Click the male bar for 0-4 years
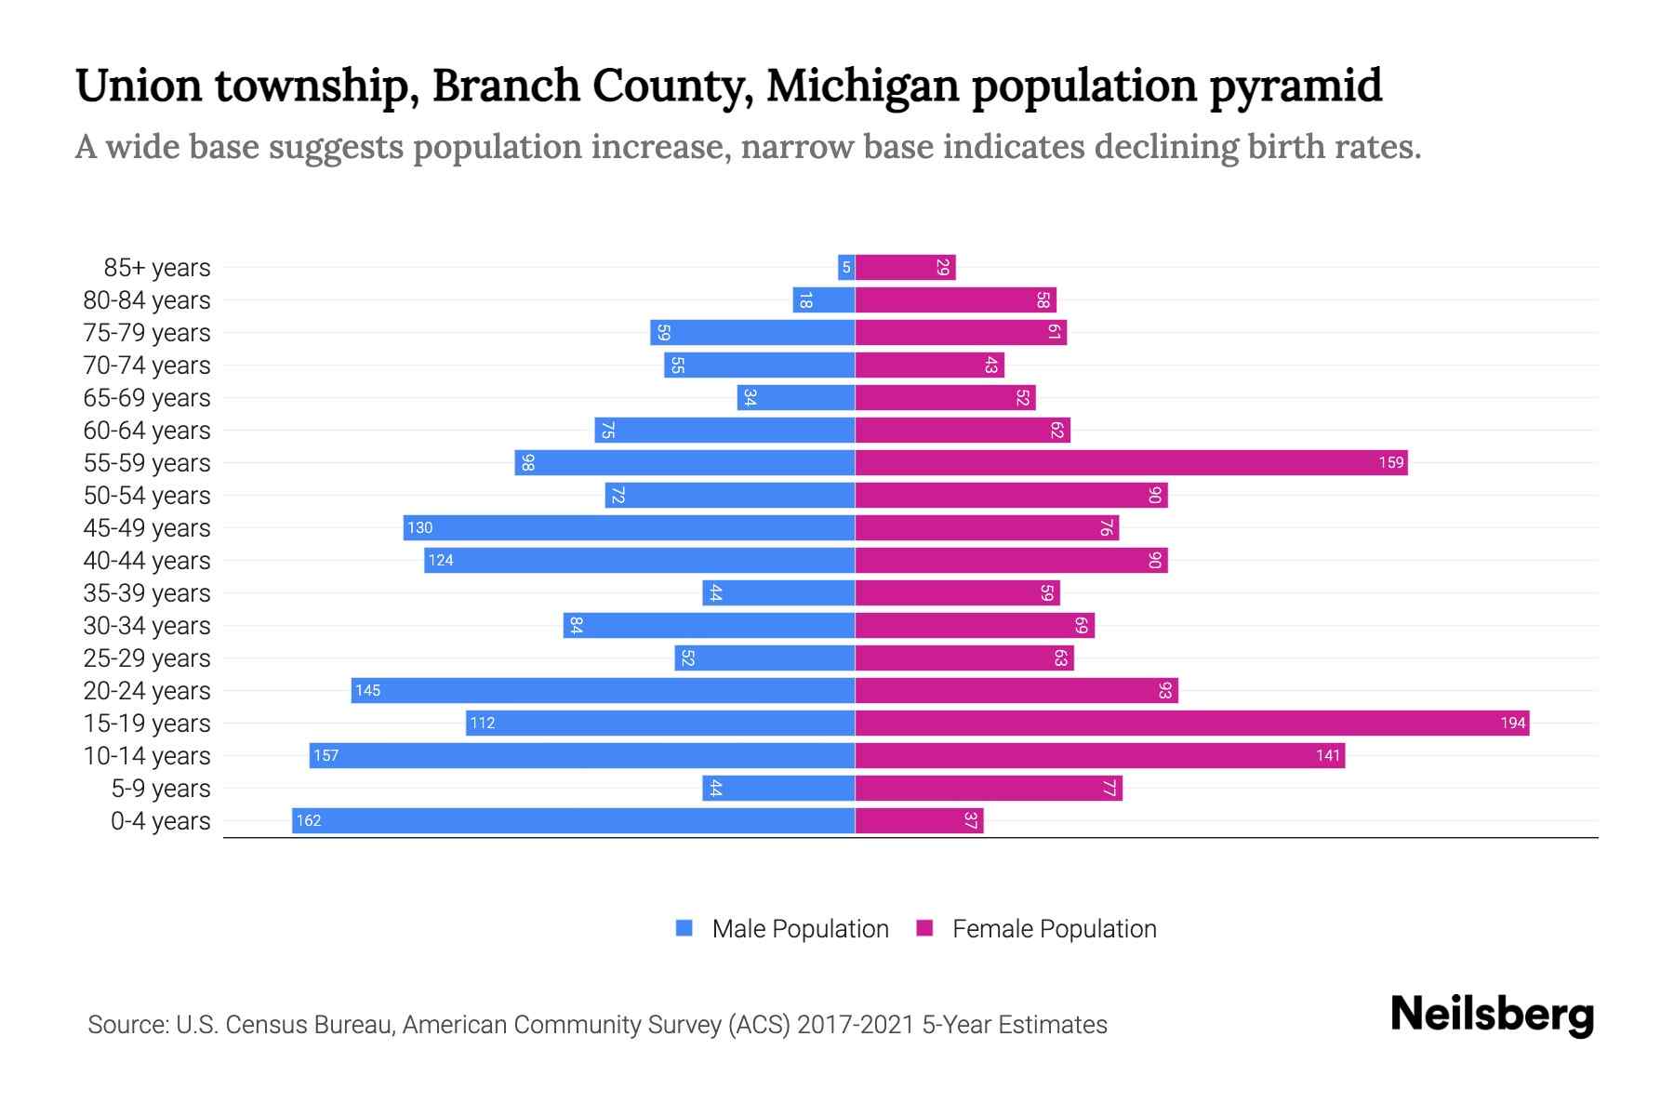tap(573, 820)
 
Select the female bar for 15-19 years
tap(1192, 723)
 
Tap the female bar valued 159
tap(1131, 462)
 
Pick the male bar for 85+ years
tap(845, 267)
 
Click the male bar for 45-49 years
tap(629, 527)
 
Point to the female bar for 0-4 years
tap(919, 820)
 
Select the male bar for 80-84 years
tap(823, 299)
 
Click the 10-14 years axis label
tap(147, 755)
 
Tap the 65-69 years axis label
tap(147, 397)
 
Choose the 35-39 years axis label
tap(147, 592)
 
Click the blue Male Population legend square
tap(684, 928)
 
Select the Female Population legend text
tap(1054, 928)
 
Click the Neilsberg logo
tap(1492, 1015)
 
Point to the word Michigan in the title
tap(862, 86)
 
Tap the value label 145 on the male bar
tap(367, 690)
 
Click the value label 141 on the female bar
tap(1328, 755)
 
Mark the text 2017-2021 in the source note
tap(856, 1024)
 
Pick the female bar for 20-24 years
tap(1016, 690)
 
